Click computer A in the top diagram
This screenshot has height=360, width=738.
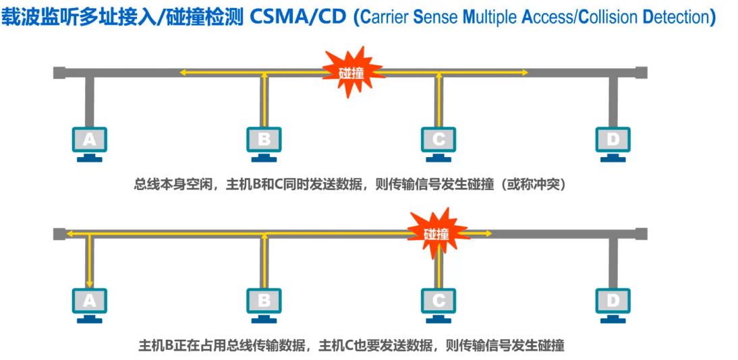tap(89, 141)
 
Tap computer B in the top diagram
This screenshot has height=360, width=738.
tap(264, 141)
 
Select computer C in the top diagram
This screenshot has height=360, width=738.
tap(438, 141)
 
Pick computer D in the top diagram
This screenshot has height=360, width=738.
tap(613, 141)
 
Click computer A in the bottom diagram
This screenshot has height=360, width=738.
tap(89, 302)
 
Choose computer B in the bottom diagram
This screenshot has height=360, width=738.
tap(264, 302)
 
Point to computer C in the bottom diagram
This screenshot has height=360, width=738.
tap(438, 302)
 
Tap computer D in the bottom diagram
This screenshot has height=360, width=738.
tap(613, 302)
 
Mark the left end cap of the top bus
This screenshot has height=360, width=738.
tap(59, 72)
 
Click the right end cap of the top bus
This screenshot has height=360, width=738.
tap(641, 72)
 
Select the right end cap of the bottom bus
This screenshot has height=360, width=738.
tap(641, 233)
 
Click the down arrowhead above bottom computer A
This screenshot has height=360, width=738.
tap(89, 283)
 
